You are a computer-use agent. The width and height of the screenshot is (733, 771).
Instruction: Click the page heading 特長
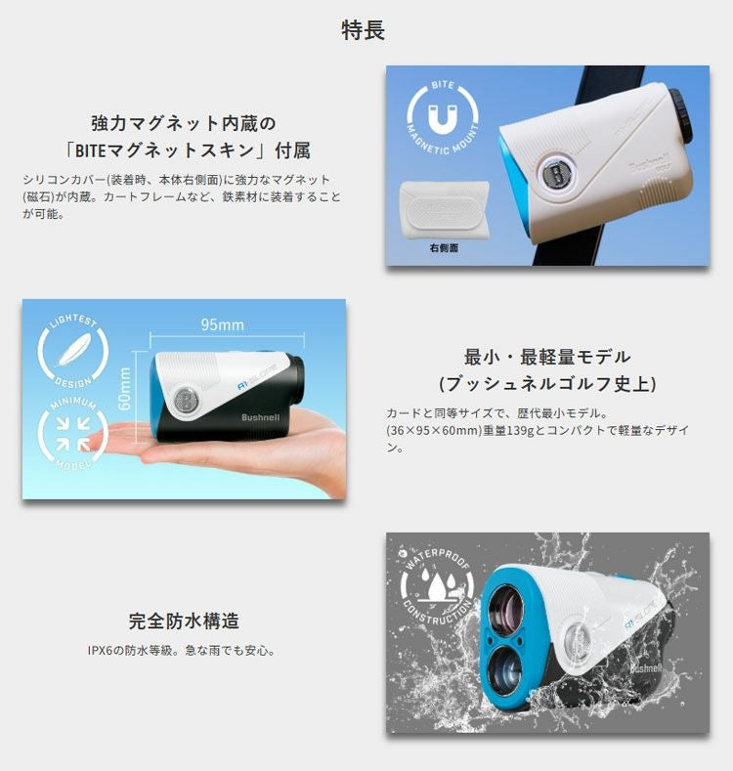(x=363, y=29)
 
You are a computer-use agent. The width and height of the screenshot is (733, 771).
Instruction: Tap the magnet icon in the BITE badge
(x=443, y=118)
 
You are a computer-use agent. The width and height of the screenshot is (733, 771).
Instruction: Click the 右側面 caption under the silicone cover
(x=444, y=248)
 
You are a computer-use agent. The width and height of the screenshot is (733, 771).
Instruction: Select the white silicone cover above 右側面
(x=445, y=208)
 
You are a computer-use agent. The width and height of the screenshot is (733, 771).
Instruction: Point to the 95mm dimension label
(x=223, y=324)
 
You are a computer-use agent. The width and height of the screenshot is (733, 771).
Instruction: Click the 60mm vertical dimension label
(x=125, y=389)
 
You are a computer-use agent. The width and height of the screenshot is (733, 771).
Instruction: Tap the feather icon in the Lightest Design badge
(x=73, y=349)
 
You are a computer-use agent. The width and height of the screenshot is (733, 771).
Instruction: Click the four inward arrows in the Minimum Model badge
(x=72, y=433)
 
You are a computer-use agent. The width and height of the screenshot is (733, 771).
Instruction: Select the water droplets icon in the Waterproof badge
(x=437, y=582)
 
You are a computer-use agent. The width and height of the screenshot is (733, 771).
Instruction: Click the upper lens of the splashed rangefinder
(x=505, y=608)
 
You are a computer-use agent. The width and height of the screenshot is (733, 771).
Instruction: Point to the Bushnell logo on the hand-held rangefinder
(x=260, y=417)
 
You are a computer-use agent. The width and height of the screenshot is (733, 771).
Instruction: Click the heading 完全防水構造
(x=184, y=621)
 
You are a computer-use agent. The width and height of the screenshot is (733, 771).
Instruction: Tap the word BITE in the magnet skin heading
(x=91, y=150)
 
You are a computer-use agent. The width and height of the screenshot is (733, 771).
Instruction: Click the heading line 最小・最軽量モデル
(x=547, y=357)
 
